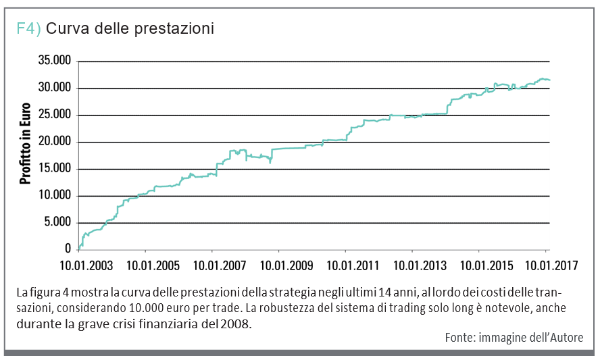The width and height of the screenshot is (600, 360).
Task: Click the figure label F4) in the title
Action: pos(29,29)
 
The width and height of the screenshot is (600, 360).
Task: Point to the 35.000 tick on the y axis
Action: pos(55,61)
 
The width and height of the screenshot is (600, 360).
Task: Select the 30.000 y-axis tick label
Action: pos(55,88)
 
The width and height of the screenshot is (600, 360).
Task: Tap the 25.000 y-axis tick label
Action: pos(55,115)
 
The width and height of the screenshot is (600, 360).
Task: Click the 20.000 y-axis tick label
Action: pos(55,143)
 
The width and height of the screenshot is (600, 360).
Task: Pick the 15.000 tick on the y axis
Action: pos(55,170)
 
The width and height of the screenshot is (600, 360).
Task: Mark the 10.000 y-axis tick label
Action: pos(55,196)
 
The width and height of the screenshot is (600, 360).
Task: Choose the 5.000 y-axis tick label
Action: pos(57,223)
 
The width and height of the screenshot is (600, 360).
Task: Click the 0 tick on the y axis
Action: pos(68,250)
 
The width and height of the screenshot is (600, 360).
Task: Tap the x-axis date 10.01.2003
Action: pos(87,266)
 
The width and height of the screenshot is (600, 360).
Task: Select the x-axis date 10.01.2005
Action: pos(153,266)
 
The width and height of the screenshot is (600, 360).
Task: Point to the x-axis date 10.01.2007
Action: pos(219,266)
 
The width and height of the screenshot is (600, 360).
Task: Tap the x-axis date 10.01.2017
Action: pos(550,266)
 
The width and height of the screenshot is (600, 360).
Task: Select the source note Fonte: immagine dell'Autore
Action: pos(514,337)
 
